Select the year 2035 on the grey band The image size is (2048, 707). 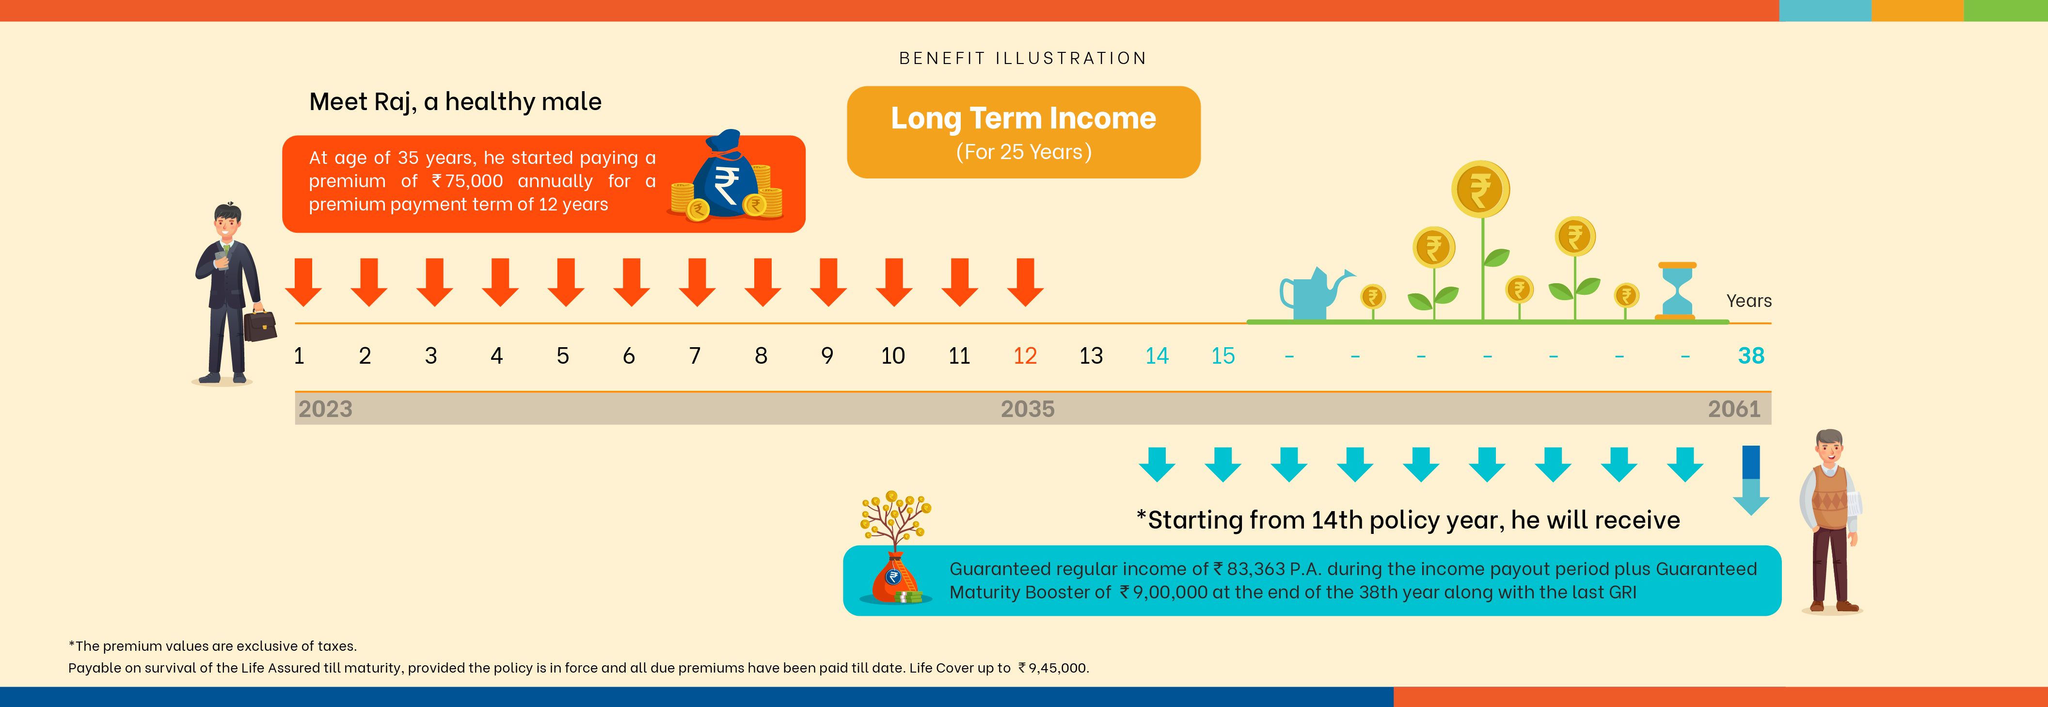[x=1027, y=409]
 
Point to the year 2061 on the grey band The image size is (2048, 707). [x=1734, y=409]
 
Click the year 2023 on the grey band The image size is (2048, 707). [x=325, y=409]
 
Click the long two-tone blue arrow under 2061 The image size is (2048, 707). [x=1751, y=481]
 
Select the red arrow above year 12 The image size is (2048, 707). [x=1026, y=282]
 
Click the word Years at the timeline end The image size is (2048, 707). [x=1749, y=301]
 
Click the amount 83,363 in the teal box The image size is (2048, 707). [x=1255, y=569]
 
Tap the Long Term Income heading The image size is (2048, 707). [x=1023, y=118]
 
